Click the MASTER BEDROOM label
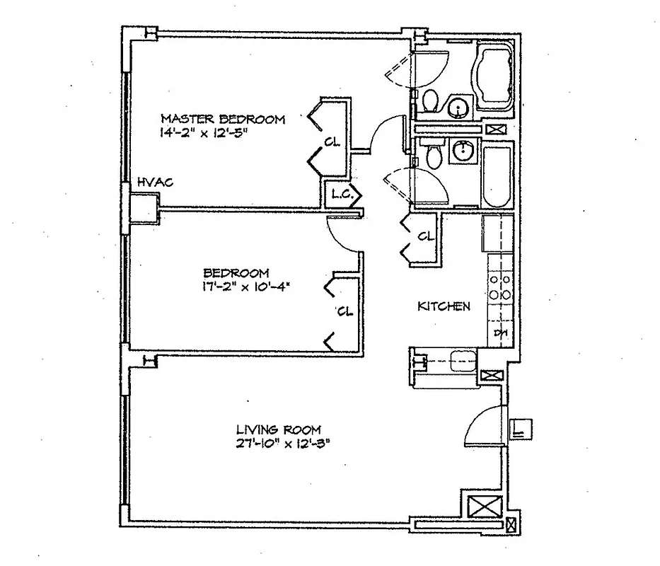223,119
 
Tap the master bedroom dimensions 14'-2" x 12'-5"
205,132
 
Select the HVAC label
155,183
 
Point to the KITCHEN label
444,306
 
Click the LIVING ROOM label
278,429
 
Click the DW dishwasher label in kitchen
501,333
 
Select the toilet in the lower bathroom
433,155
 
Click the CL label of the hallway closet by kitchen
424,236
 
